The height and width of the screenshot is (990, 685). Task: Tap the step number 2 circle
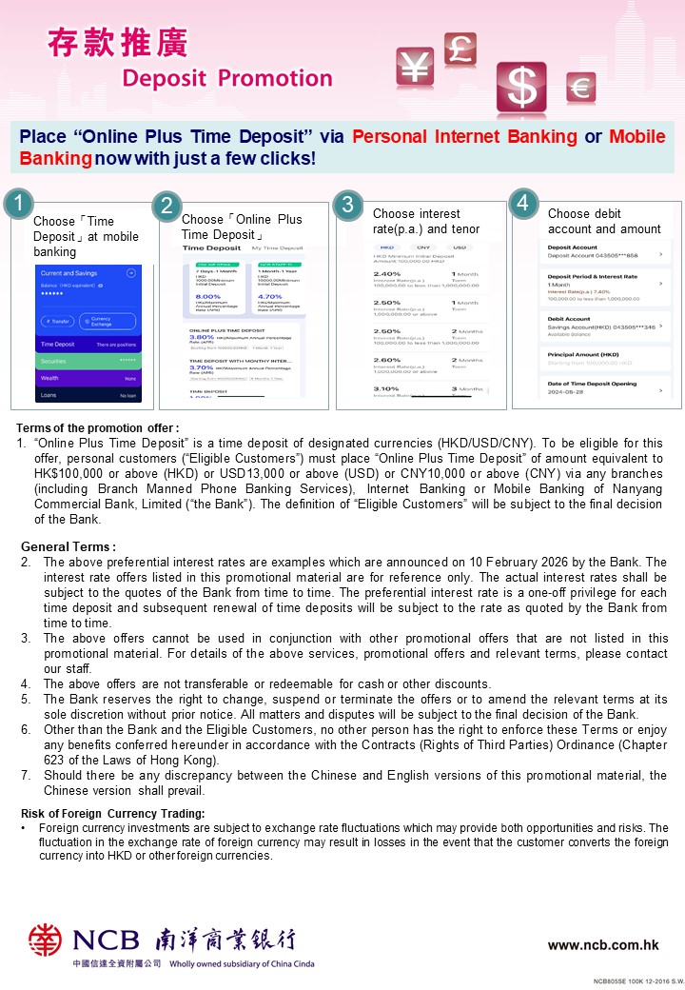coord(166,207)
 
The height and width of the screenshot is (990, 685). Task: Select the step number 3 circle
coord(348,204)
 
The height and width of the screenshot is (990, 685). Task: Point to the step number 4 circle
coord(522,202)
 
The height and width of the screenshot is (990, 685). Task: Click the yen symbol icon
coord(416,67)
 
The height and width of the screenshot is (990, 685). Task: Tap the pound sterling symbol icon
coord(460,49)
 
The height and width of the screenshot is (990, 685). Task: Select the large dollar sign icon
coord(521,87)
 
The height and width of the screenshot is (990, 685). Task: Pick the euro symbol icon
coord(580,88)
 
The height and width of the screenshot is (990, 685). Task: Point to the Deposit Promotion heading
coord(227,79)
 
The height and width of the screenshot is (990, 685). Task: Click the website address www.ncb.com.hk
coord(603,944)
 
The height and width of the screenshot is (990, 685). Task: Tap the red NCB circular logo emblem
coord(45,940)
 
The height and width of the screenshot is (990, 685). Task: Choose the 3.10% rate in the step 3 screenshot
coord(386,388)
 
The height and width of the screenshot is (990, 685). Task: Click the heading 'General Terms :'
coord(68,546)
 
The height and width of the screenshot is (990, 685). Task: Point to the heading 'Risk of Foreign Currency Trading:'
coord(113,813)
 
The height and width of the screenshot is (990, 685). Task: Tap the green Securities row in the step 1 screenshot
coord(88,361)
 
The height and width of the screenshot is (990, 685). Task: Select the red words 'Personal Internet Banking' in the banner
coord(464,136)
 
